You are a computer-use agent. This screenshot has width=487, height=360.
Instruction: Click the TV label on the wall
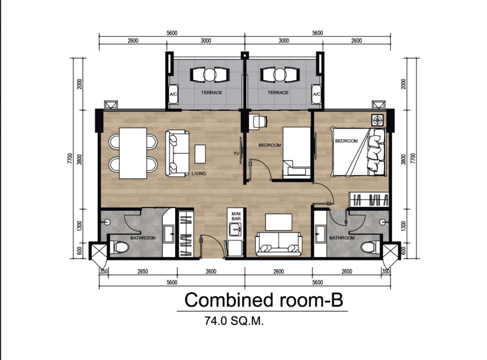pos(236,154)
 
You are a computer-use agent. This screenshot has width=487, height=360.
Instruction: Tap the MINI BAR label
pos(236,216)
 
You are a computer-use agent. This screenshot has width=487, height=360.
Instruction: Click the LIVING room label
pos(198,174)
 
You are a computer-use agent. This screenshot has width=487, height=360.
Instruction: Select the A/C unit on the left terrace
pos(173,94)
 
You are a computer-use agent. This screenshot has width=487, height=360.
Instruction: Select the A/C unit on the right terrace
pos(316,94)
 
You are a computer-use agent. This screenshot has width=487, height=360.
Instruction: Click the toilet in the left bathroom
pos(121,248)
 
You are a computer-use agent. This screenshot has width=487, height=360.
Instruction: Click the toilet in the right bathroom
pos(369,248)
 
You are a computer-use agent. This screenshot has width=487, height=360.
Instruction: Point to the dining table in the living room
pos(133,153)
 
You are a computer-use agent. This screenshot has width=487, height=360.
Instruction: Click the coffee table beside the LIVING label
pos(200,154)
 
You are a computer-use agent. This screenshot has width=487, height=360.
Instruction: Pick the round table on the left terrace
pos(210,75)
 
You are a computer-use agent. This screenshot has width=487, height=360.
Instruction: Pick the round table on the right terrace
pos(280,75)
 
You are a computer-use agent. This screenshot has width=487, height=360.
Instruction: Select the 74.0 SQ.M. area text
pos(234,320)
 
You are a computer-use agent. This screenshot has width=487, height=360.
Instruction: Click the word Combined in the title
pos(229,300)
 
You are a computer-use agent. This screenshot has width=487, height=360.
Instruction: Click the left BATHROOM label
pos(142,238)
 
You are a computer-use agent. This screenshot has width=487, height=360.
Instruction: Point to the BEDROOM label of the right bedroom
pos(346,141)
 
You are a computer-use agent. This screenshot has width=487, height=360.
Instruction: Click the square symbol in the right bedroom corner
pos(377,120)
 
